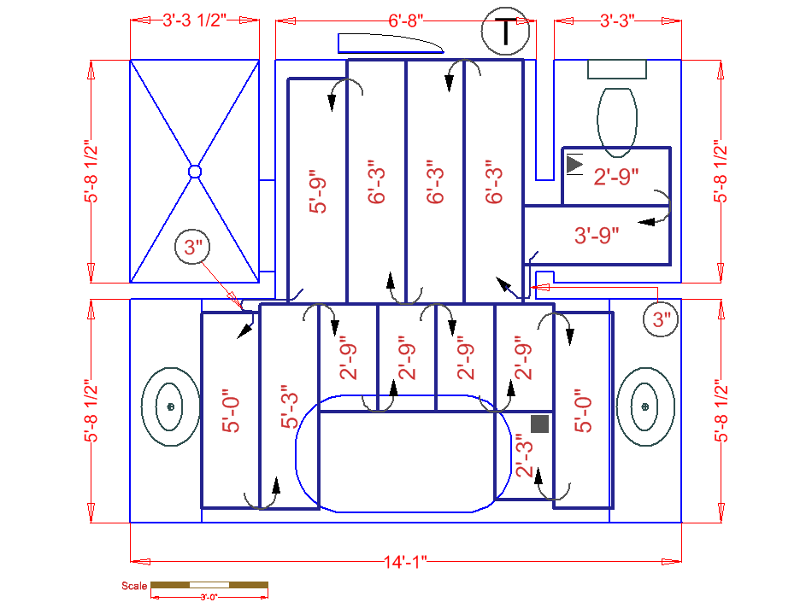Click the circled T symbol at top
[506, 31]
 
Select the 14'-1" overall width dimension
[405, 561]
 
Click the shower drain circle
[195, 172]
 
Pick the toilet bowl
[617, 122]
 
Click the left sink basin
[170, 407]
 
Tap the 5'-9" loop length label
[318, 195]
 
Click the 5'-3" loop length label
[290, 408]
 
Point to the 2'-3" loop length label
[523, 457]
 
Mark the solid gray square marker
[539, 423]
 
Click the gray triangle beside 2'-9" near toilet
[574, 161]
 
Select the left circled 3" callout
[193, 248]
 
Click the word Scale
[134, 586]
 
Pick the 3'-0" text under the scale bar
[209, 597]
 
